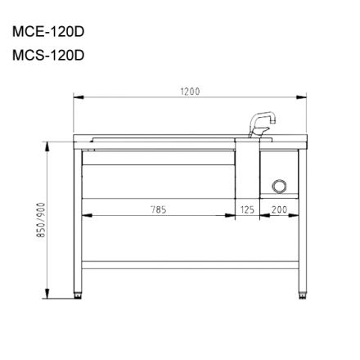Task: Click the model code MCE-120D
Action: point(48,34)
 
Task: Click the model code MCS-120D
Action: point(48,56)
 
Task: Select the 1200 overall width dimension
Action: point(190,92)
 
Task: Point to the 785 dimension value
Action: point(159,209)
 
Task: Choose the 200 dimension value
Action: point(278,210)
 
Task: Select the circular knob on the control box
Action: point(279,186)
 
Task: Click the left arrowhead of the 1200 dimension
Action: point(77,97)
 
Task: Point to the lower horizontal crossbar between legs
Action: point(190,265)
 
